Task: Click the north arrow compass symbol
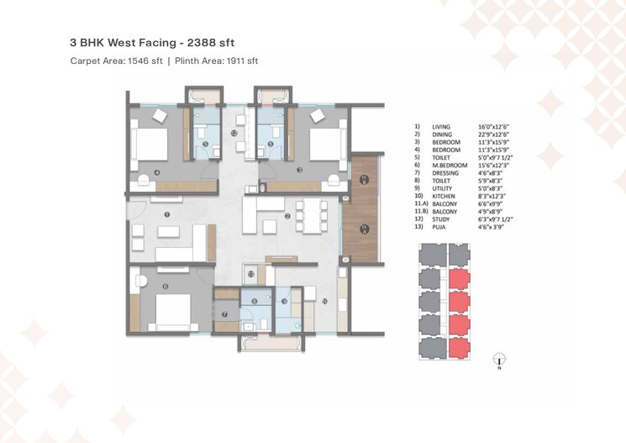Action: (x=499, y=362)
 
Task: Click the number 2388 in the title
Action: (x=199, y=41)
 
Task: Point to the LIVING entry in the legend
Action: (x=441, y=127)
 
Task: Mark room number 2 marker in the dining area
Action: (x=288, y=217)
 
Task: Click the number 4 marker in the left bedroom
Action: (x=157, y=172)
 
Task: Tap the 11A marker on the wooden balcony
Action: (x=363, y=178)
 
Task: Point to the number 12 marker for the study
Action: (x=234, y=133)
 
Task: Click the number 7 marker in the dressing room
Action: (x=225, y=314)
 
